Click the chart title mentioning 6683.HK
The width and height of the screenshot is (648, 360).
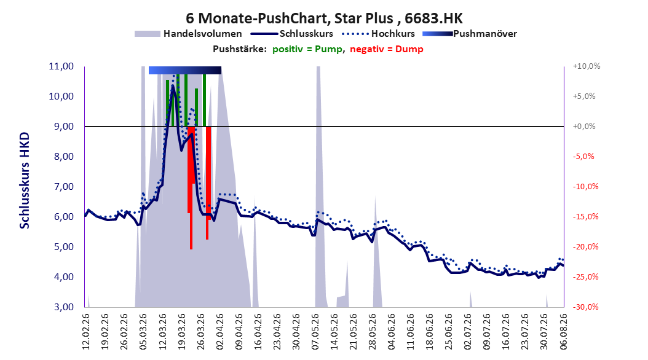pos(324,18)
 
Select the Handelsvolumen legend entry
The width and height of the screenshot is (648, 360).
pos(188,34)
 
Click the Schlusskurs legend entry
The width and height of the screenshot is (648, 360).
pos(292,34)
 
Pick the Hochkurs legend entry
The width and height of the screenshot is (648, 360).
pos(378,34)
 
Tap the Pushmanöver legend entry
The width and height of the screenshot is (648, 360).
pos(470,34)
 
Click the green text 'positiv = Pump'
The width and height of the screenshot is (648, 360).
pos(307,49)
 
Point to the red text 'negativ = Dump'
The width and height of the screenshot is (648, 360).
pos(387,49)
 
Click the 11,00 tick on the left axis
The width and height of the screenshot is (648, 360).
pos(61,66)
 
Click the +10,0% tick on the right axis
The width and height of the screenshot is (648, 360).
pos(587,66)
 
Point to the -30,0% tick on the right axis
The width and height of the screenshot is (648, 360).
pos(585,307)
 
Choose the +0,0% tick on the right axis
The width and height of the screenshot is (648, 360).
pos(584,127)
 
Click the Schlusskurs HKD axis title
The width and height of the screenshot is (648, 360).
pos(25,181)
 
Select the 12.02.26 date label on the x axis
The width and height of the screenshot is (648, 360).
pos(86,332)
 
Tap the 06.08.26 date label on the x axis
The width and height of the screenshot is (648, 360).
pos(564,332)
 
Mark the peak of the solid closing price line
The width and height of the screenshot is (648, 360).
pos(172,86)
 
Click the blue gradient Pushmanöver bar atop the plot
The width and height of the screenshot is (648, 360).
pos(184,70)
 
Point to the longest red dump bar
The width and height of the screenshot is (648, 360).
pos(191,188)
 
